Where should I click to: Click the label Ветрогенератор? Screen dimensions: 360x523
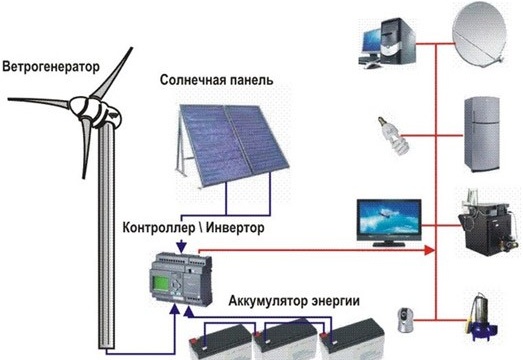click(52, 69)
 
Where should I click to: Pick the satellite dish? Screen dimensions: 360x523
click(479, 41)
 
